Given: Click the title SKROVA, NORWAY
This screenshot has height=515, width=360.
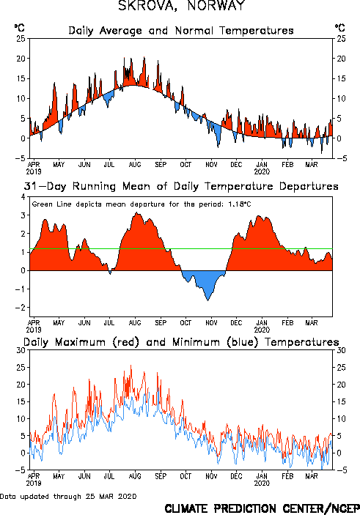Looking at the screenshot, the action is click(181, 5).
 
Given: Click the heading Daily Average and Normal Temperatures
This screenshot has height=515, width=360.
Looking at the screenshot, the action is click(181, 31).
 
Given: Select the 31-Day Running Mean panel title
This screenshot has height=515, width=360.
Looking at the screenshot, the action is click(181, 186).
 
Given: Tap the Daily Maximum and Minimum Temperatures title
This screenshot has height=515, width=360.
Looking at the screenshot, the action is click(181, 342).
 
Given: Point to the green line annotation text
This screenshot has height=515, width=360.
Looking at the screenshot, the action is click(142, 204).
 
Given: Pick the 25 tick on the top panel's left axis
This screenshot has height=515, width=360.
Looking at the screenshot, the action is click(21, 39).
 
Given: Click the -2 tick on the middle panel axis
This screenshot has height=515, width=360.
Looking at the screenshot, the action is click(21, 308).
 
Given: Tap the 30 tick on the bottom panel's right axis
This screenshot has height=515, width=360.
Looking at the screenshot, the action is click(341, 350).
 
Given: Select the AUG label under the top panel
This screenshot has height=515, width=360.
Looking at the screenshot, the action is click(135, 164).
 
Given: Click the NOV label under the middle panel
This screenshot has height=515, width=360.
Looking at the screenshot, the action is click(211, 323).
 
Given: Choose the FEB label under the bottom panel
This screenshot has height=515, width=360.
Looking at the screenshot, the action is click(287, 476).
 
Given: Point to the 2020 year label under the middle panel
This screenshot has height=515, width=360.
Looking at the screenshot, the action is click(262, 330).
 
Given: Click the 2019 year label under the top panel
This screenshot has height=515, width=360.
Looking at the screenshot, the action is click(34, 171).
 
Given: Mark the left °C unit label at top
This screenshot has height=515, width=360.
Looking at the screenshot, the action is click(19, 28).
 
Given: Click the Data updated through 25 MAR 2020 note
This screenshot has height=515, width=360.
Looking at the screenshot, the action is click(68, 496).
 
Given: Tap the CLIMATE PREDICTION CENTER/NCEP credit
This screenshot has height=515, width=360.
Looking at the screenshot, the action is click(262, 508).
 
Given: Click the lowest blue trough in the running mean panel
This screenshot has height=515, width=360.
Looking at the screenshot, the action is click(207, 300).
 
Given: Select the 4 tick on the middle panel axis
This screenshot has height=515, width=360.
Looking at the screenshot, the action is click(23, 197).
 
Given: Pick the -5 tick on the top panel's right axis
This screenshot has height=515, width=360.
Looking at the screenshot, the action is click(341, 158).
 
